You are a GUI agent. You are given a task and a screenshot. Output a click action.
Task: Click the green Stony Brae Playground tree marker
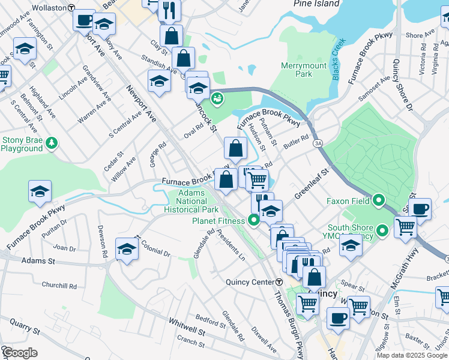click(53, 142)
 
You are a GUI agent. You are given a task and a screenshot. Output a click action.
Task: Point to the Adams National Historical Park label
click(192, 202)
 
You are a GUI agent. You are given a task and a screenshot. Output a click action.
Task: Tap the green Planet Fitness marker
click(253, 220)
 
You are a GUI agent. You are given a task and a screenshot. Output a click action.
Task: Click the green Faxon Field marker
click(379, 200)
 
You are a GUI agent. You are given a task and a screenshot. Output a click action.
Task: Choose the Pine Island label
click(316, 4)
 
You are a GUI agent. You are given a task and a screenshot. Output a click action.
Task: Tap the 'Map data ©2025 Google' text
click(411, 355)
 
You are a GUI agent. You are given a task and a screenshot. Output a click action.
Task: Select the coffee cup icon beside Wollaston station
click(84, 20)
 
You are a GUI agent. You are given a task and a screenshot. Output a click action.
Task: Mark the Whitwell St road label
click(187, 327)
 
